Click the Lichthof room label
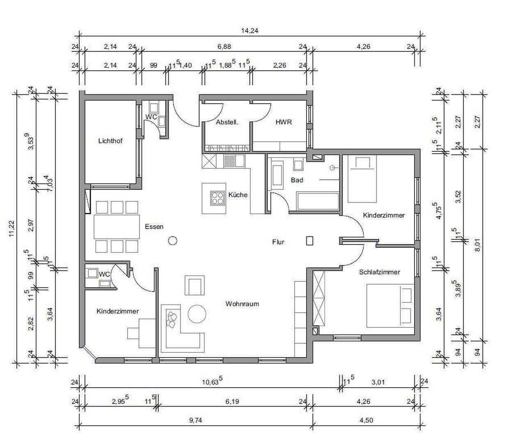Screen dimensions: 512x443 pyautogui.click(x=110, y=141)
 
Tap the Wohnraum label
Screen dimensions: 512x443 pyautogui.click(x=242, y=304)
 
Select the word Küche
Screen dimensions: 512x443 pyautogui.click(x=238, y=194)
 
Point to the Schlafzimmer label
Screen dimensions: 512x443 pyautogui.click(x=379, y=272)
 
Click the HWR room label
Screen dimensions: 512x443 pyautogui.click(x=283, y=122)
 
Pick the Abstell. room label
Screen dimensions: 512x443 pyautogui.click(x=227, y=122)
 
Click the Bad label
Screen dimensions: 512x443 pyautogui.click(x=297, y=180)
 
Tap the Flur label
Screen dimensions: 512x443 pyautogui.click(x=278, y=242)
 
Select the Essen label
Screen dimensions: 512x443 pyautogui.click(x=154, y=226)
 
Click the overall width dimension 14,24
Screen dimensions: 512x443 pyautogui.click(x=250, y=31)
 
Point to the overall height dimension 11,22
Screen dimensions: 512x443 pyautogui.click(x=12, y=228)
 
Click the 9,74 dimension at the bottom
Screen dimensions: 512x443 pyautogui.click(x=195, y=420)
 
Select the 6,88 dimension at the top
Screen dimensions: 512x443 pyautogui.click(x=224, y=46)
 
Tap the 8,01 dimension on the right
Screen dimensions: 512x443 pyautogui.click(x=477, y=244)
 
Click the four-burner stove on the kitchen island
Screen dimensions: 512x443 pyautogui.click(x=217, y=199)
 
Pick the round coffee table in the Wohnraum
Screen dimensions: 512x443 pyautogui.click(x=197, y=314)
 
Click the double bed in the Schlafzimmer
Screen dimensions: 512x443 pyautogui.click(x=391, y=306)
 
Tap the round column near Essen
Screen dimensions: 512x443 pyautogui.click(x=172, y=240)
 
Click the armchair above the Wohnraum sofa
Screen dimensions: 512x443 pyautogui.click(x=195, y=285)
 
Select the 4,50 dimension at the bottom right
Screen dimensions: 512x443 pyautogui.click(x=366, y=420)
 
